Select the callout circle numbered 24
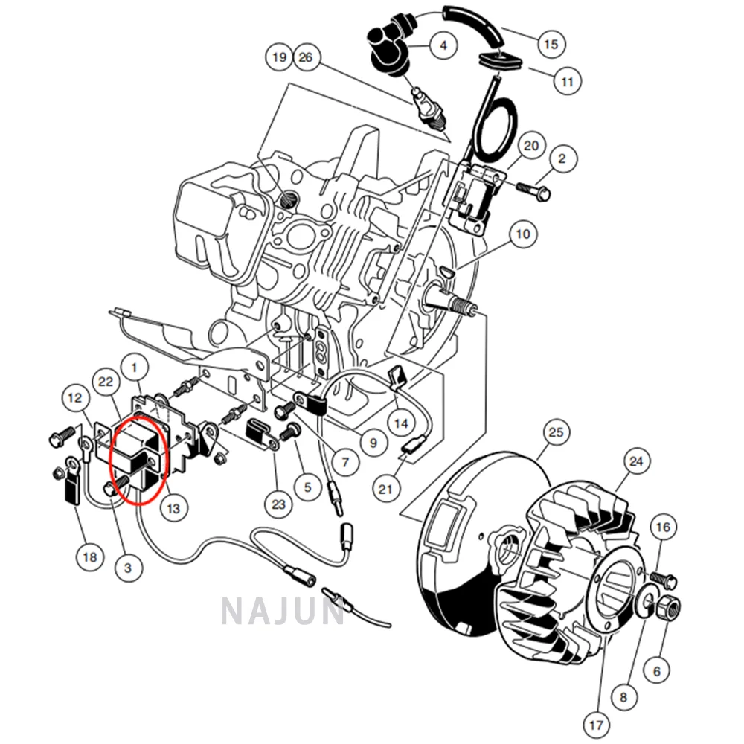click(x=635, y=461)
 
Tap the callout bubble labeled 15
click(x=551, y=45)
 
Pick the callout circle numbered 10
click(x=524, y=234)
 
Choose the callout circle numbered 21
click(x=385, y=489)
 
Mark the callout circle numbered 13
click(x=173, y=509)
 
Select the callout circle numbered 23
click(x=278, y=505)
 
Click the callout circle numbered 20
click(x=530, y=146)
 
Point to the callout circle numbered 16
click(x=662, y=527)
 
